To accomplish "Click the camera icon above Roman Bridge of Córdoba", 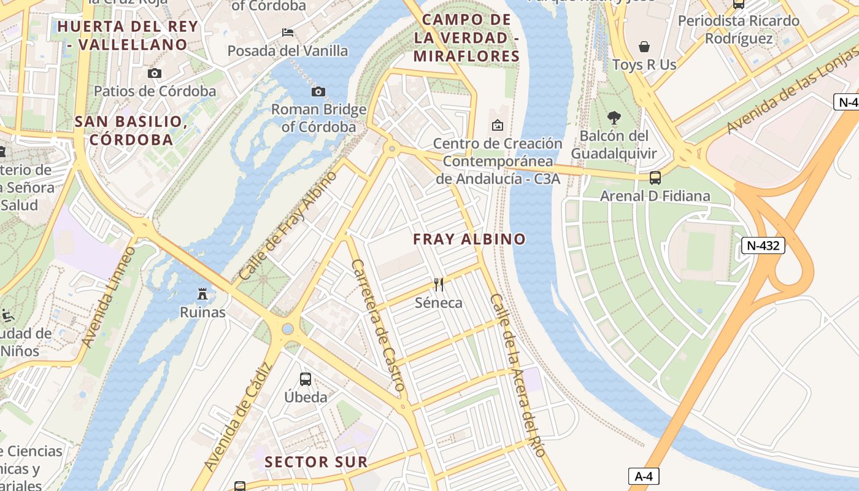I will click(x=318, y=92).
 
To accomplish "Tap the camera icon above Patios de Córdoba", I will click(x=155, y=74).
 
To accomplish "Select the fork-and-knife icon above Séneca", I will click(x=438, y=284).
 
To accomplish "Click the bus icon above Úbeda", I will click(x=306, y=379).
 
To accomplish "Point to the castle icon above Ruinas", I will click(x=202, y=294).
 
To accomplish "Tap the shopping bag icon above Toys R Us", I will click(x=644, y=47).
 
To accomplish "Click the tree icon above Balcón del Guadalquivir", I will click(x=614, y=118).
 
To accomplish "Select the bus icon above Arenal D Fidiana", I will click(x=655, y=178).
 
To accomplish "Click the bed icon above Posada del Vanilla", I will click(x=288, y=33).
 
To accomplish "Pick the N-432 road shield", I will click(x=763, y=246).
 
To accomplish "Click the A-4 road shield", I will click(x=644, y=476).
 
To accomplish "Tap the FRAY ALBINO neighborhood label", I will click(x=469, y=239).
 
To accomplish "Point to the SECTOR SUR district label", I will click(x=316, y=462).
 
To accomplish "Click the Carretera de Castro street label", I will click(x=378, y=325).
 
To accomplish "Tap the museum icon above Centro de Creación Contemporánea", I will click(x=498, y=125).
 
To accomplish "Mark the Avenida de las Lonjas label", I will click(x=792, y=98).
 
